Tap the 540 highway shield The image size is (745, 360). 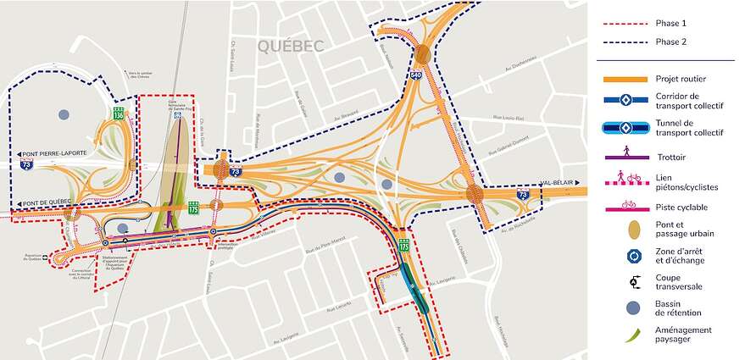click(416, 75)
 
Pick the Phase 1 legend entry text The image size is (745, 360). click(671, 23)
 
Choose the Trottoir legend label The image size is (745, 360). click(676, 157)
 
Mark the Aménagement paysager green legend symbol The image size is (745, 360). click(628, 335)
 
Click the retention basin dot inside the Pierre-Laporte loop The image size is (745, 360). click(63, 114)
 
